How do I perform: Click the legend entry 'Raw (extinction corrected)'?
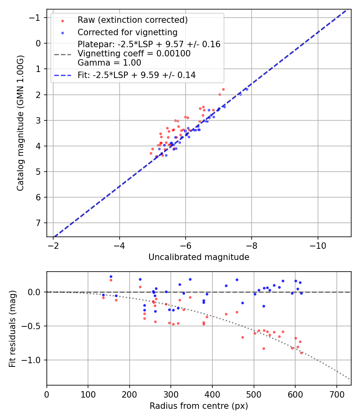132,20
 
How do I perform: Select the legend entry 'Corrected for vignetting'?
128,32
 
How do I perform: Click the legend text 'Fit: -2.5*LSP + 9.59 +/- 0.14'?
136,75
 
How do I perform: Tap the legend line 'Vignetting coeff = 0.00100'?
134,54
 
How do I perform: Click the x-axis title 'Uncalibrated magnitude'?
199,257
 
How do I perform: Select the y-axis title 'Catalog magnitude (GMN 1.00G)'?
20,123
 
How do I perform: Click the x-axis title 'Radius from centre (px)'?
199,406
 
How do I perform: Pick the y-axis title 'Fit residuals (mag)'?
12,328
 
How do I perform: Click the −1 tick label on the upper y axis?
36,18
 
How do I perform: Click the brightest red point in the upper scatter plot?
223,90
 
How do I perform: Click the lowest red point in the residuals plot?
301,353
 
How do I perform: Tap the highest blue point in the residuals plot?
111,276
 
